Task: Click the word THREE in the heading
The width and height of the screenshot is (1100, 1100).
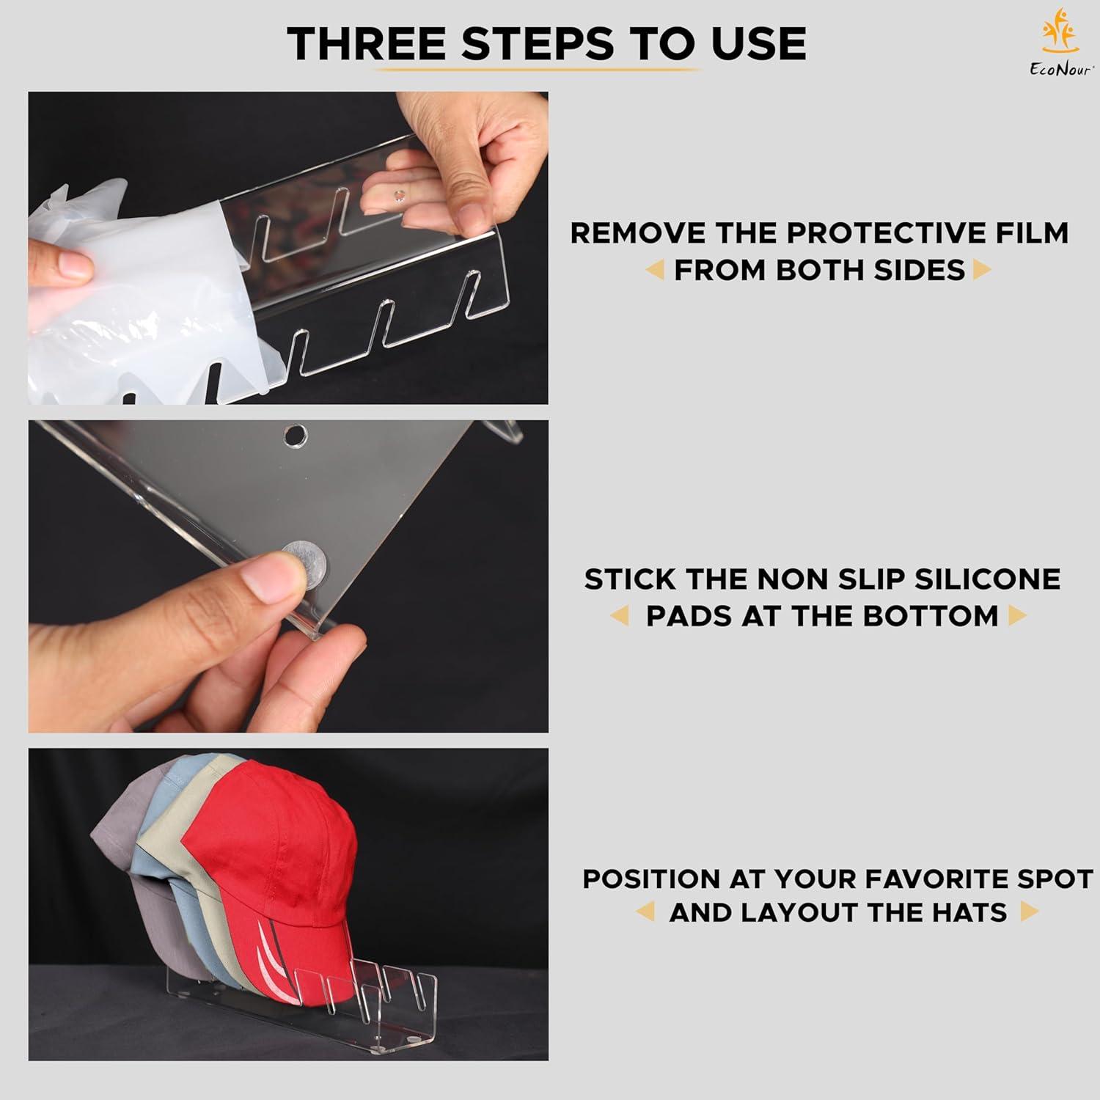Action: coord(367,43)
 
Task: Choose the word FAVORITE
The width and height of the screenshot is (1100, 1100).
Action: coord(942,879)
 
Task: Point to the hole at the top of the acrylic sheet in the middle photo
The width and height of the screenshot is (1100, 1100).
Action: coord(296,436)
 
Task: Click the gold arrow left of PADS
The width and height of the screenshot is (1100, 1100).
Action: coord(620,616)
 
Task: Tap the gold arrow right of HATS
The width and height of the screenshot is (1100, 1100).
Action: coord(1029,912)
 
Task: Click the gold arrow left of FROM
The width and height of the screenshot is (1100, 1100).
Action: coord(655,271)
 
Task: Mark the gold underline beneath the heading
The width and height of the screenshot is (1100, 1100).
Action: coord(539,70)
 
